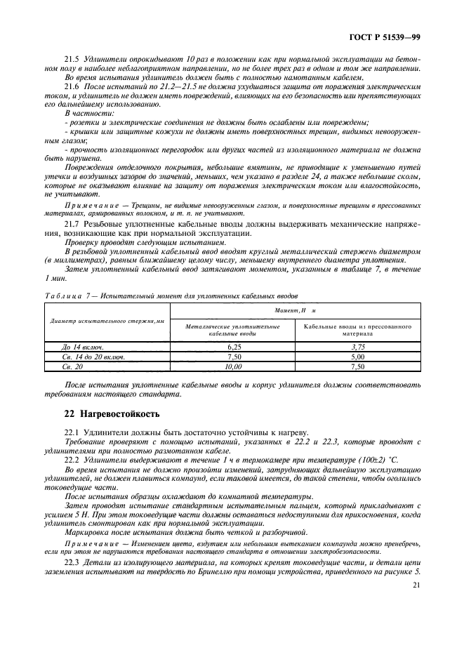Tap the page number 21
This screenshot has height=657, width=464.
pos(416,585)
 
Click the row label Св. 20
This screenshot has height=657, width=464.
pos(72,366)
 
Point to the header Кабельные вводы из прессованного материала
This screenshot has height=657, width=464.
pos(358,329)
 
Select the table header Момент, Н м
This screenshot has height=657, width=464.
pos(295,310)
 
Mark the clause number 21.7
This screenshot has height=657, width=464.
pos(72,222)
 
